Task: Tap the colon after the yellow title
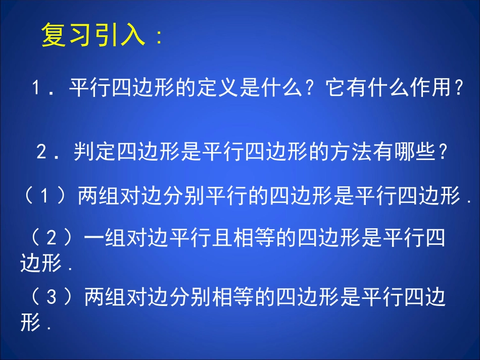tap(160, 38)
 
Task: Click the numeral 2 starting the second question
tap(42, 152)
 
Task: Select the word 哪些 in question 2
tap(414, 152)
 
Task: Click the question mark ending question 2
tap(443, 152)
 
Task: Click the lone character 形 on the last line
tap(30, 323)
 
